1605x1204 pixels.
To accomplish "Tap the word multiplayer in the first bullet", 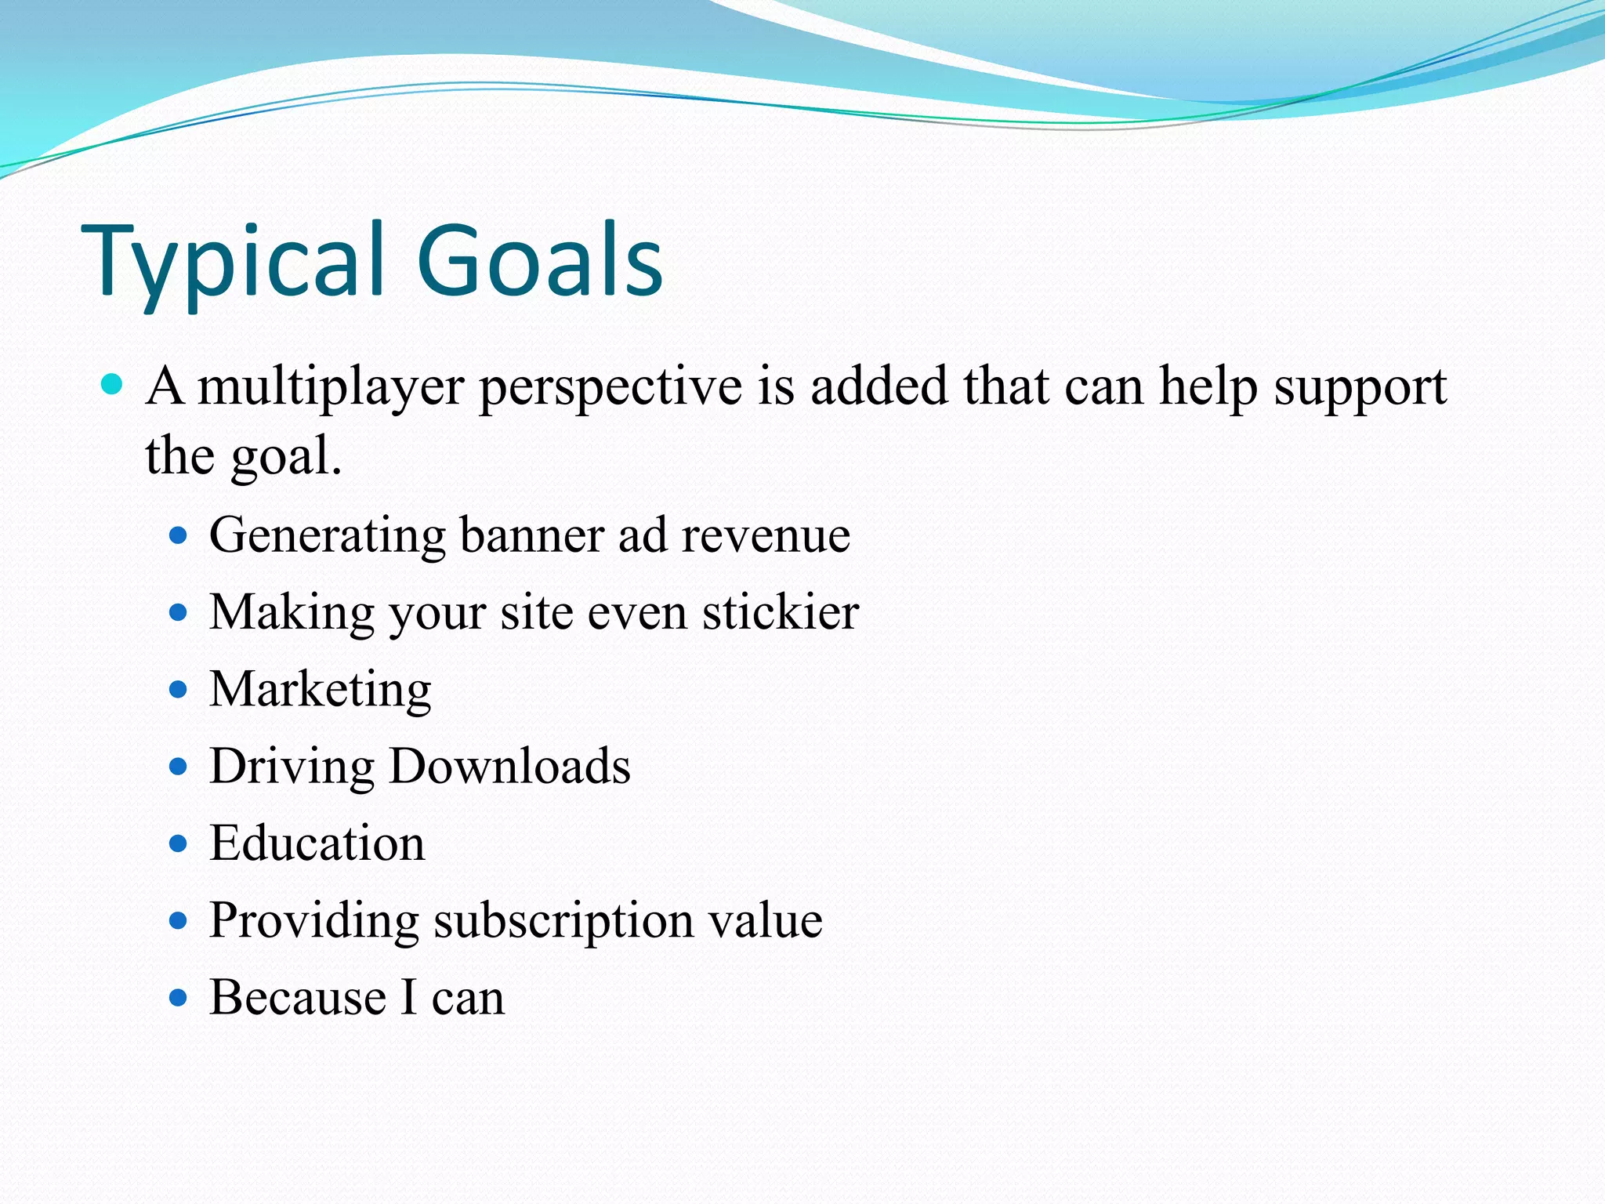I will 331,387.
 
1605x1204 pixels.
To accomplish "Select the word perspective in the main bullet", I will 610,387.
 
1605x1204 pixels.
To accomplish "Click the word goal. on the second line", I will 287,457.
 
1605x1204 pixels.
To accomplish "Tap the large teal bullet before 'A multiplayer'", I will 113,384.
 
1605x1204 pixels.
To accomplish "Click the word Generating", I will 328,536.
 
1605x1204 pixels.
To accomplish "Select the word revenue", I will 766,536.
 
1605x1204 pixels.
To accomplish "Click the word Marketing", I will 321,690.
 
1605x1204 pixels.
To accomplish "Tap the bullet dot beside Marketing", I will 179,690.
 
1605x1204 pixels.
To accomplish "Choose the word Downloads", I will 510,767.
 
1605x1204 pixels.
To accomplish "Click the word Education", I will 317,843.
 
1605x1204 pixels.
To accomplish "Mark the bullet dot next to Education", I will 179,843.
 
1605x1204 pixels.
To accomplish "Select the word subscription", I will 563,921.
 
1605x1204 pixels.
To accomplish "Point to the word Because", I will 298,998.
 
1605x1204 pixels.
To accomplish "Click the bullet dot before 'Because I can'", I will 179,998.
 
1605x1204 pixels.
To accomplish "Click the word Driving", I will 292,767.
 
